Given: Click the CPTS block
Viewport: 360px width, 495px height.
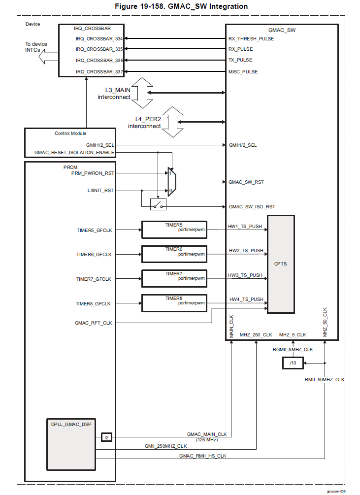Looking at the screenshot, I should pyautogui.click(x=281, y=264).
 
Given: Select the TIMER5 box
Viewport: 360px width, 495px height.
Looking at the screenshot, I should pyautogui.click(x=174, y=229).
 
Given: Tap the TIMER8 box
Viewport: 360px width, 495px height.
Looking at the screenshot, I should pyautogui.click(x=174, y=302).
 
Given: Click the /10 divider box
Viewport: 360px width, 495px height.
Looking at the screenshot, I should pyautogui.click(x=293, y=363).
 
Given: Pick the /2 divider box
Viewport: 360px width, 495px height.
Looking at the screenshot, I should pyautogui.click(x=106, y=437).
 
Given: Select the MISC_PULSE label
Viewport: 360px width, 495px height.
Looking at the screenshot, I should pyautogui.click(x=243, y=72).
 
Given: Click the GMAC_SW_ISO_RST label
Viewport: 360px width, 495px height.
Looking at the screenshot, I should pyautogui.click(x=252, y=207).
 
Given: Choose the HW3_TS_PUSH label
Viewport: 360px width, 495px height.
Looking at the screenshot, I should pyautogui.click(x=245, y=275).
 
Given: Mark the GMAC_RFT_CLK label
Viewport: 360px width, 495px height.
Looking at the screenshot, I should pyautogui.click(x=93, y=323).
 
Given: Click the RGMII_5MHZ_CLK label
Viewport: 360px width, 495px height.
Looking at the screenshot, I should pyautogui.click(x=293, y=349).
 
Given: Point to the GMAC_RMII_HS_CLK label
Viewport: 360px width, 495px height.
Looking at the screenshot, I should pyautogui.click(x=202, y=457).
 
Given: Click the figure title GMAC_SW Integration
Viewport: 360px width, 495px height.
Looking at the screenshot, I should pyautogui.click(x=181, y=6).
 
